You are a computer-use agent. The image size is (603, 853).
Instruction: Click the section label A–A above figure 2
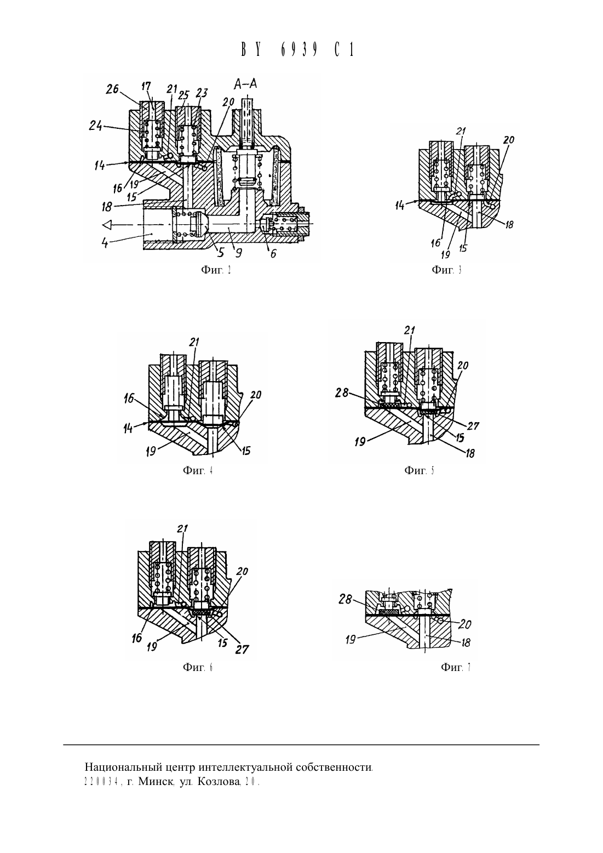(245, 84)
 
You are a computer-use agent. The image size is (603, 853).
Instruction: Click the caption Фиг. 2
(216, 270)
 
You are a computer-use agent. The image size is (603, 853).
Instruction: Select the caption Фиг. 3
(447, 270)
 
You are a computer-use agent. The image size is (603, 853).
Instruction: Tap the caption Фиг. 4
(198, 470)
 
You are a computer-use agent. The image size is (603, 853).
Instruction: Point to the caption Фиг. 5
(419, 470)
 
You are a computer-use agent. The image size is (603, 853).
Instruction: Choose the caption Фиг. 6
(198, 667)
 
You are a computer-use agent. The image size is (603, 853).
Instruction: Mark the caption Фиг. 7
(456, 667)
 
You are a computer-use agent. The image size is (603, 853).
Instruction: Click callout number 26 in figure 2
(112, 89)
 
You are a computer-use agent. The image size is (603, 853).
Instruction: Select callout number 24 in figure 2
(95, 126)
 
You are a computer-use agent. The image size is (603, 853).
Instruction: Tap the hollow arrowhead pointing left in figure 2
(107, 225)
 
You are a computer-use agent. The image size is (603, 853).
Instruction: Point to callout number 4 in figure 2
(105, 242)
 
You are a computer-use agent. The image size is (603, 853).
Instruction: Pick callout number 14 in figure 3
(400, 206)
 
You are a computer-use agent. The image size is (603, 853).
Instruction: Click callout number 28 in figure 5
(342, 393)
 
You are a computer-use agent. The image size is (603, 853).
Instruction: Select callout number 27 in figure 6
(242, 649)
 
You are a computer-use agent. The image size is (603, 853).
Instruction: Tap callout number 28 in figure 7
(345, 599)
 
